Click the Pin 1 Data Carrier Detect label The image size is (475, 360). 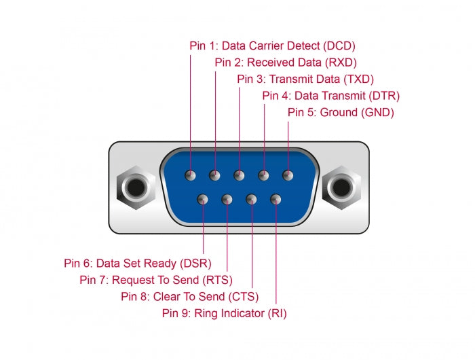(272, 46)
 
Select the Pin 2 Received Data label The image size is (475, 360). (285, 62)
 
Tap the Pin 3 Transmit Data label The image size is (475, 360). (305, 79)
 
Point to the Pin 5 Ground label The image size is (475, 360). (341, 112)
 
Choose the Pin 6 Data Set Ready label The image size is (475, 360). (138, 263)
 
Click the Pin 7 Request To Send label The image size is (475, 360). (156, 279)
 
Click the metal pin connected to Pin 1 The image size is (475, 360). (191, 175)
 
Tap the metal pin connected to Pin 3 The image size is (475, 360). (239, 175)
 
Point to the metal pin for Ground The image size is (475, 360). (288, 175)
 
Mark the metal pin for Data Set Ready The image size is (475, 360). (203, 199)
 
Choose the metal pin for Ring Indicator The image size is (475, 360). (275, 199)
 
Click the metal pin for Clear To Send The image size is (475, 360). (252, 199)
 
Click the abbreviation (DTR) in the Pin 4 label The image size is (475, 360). (385, 96)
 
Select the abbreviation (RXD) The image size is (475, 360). (340, 62)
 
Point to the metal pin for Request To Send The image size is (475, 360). (227, 199)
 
